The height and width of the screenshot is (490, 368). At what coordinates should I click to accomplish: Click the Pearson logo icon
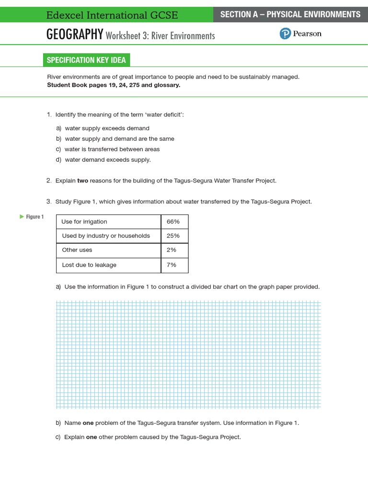point(285,34)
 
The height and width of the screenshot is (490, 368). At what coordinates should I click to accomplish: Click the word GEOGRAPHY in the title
point(75,34)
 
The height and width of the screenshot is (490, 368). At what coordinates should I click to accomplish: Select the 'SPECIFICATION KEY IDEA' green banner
point(86,60)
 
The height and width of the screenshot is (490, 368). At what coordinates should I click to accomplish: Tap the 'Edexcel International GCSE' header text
point(112,15)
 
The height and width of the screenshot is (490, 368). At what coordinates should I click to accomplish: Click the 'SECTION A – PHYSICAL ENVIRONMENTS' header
point(290,14)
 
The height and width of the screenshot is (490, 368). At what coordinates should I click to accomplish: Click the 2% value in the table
point(172,250)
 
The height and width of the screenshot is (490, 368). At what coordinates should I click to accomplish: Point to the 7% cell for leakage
point(172,265)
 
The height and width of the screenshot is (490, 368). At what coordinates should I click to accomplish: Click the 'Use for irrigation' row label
point(84,222)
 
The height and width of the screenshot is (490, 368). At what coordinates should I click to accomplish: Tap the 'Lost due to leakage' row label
point(89,265)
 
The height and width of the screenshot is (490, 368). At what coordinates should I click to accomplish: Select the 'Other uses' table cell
point(77,250)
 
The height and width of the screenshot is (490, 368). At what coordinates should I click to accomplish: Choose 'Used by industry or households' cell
point(106,236)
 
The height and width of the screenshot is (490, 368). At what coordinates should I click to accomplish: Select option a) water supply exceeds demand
point(107,128)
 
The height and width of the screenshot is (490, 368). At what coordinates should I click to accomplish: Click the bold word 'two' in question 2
point(82,181)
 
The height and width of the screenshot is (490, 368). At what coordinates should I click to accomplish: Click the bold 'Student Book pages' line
point(114,85)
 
